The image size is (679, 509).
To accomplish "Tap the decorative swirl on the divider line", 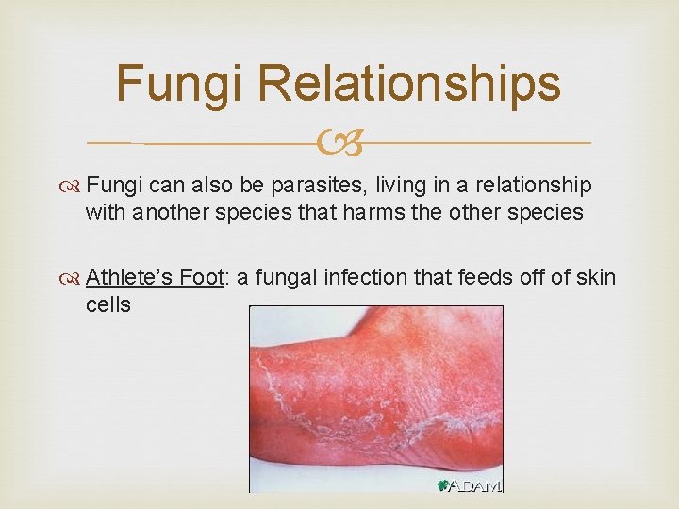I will pyautogui.click(x=339, y=143).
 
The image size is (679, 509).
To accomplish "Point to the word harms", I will pyautogui.click(x=377, y=212).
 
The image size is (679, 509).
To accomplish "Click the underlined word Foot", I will pyautogui.click(x=202, y=278).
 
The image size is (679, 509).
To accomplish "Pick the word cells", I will pyautogui.click(x=108, y=304).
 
